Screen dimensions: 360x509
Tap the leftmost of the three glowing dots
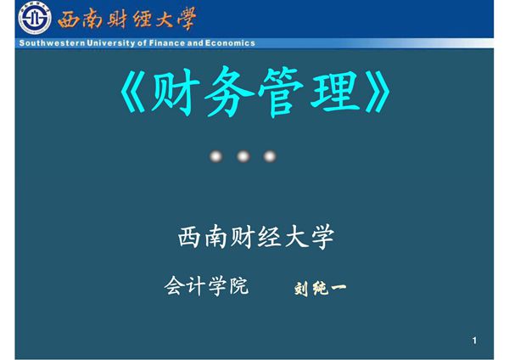216,156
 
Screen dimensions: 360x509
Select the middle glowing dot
243,156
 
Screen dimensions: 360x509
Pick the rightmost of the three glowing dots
270,156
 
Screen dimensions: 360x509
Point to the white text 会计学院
206,286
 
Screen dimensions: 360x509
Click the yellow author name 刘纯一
320,289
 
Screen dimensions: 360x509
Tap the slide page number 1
475,341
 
